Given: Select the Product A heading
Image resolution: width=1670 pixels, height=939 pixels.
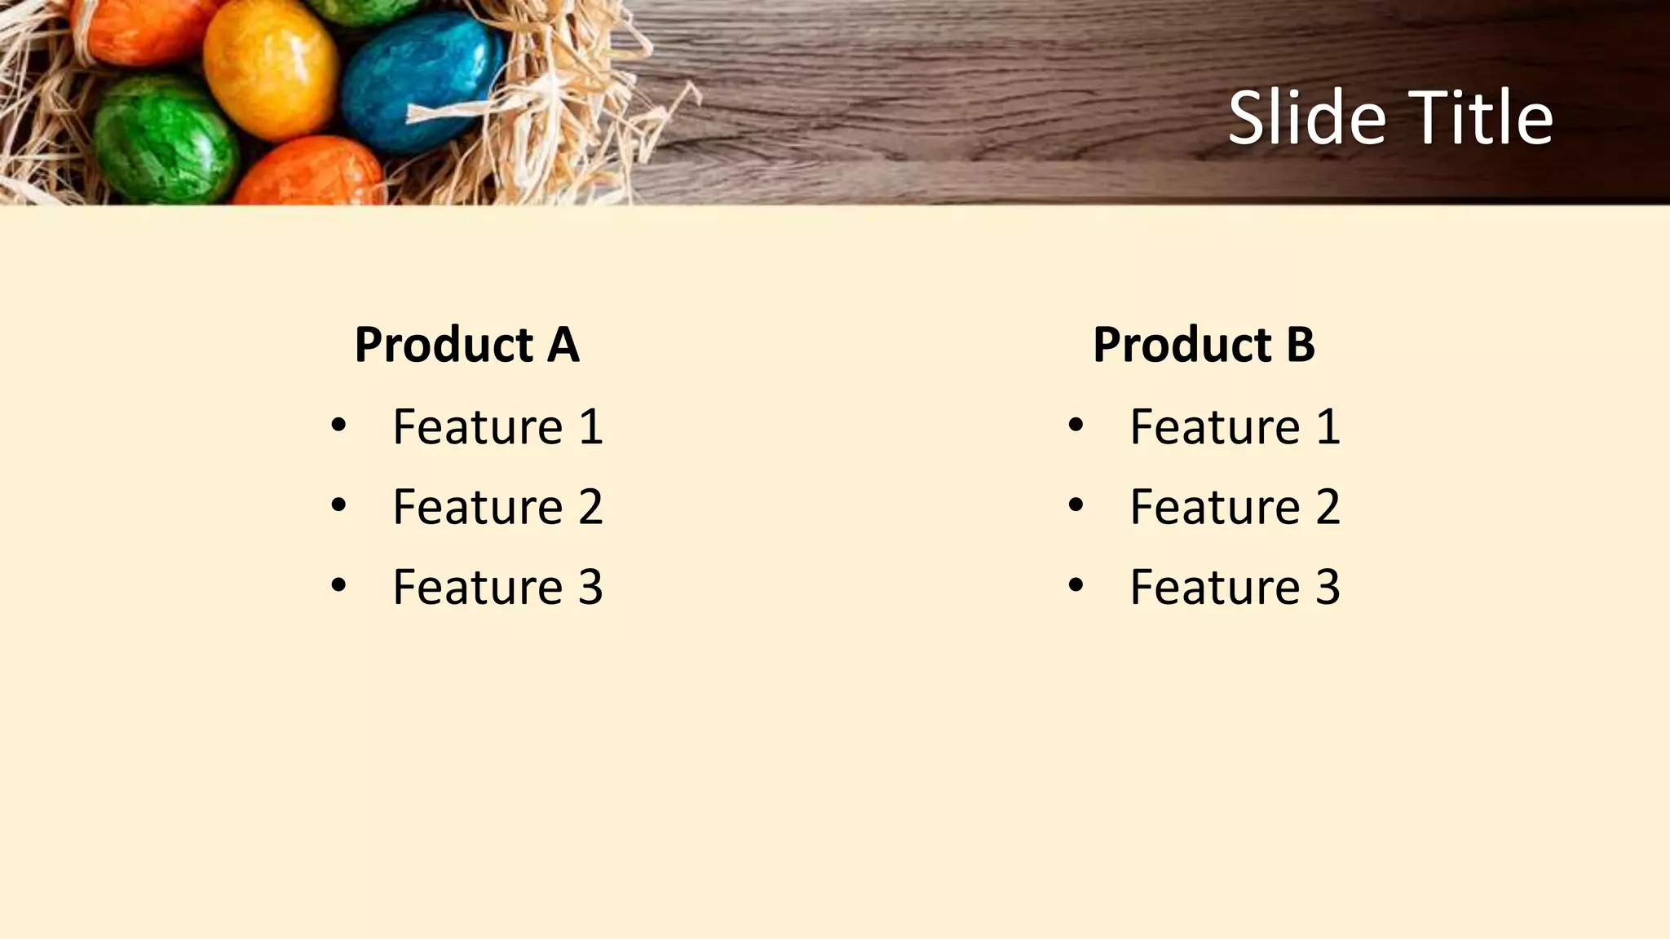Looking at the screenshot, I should point(466,344).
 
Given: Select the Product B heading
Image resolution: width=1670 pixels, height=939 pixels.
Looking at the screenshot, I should point(1204,344).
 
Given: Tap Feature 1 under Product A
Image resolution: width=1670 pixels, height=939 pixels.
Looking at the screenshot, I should point(497,426).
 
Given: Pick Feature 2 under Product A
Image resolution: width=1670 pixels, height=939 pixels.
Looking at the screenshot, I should point(497,506).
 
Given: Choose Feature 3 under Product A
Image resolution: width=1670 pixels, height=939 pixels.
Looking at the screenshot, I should point(497,586).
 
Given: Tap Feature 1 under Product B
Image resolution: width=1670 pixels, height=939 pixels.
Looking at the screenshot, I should point(1235,426).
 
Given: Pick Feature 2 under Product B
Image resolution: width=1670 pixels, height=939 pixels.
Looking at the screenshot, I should point(1235,506).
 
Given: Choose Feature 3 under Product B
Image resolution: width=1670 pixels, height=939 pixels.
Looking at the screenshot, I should point(1235,586).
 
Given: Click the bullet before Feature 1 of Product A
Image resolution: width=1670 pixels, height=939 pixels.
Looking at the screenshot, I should point(338,425).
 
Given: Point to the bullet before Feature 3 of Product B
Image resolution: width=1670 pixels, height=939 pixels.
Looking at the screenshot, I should point(1076,584).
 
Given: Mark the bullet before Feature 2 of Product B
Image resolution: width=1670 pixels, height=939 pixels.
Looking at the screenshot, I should point(1076,505).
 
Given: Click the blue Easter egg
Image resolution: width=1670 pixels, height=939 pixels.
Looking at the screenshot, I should point(420,82).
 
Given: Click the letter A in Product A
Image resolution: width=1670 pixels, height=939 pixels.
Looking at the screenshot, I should point(563,344).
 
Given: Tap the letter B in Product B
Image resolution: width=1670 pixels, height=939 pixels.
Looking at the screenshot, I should point(1300,344).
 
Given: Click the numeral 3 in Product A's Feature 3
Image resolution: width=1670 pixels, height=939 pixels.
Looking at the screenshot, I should point(590,586).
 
